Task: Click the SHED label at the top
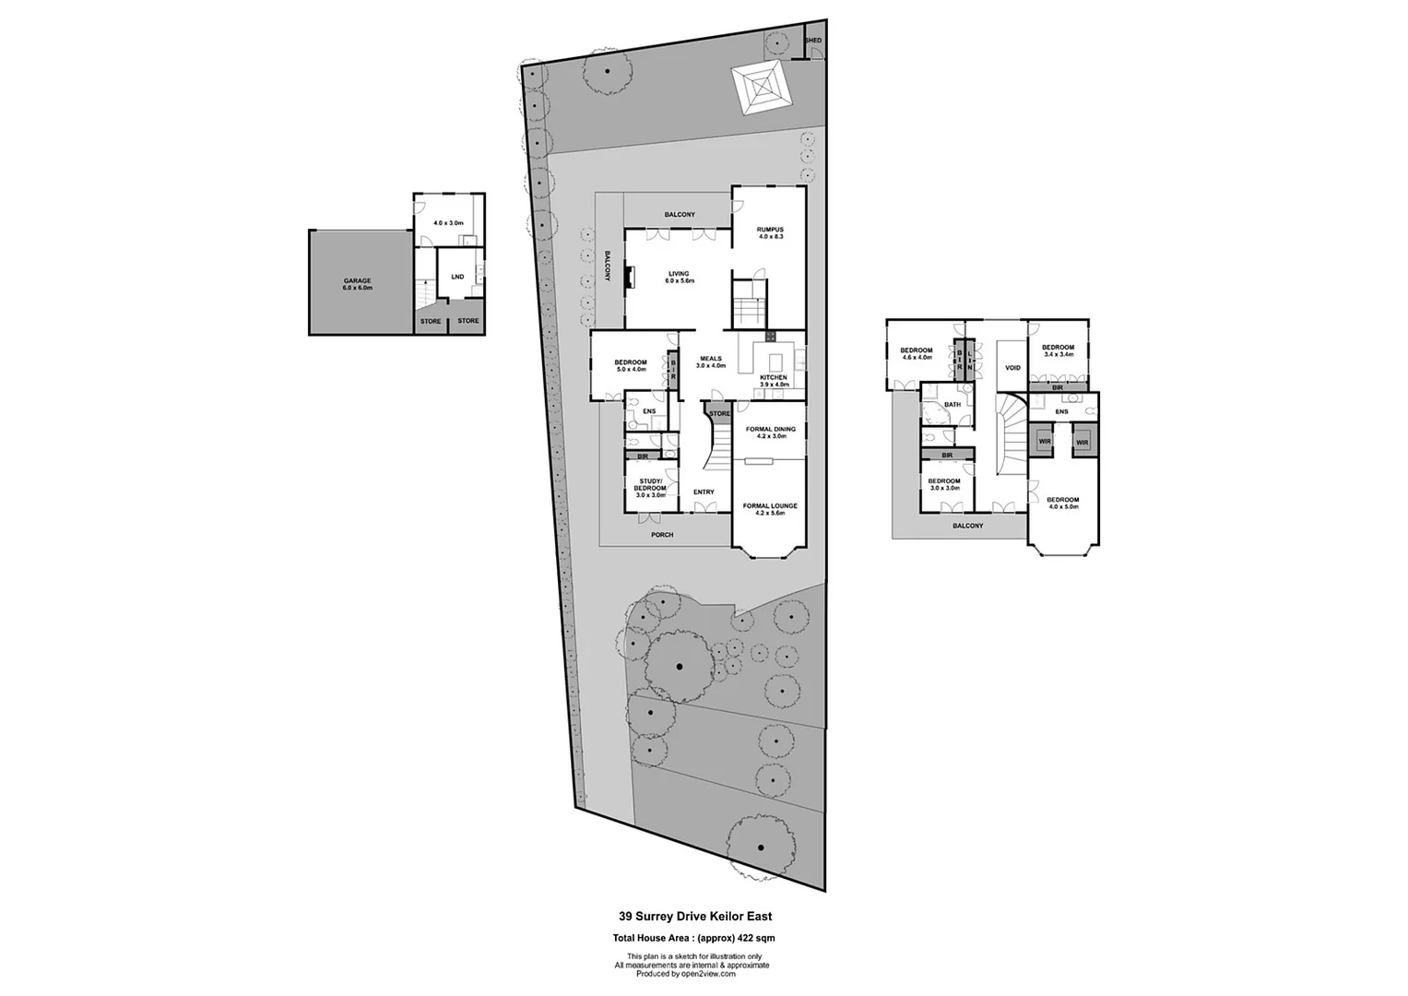pos(813,41)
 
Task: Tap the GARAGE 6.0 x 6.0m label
pos(357,285)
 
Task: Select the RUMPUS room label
pos(770,232)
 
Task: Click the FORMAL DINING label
pos(771,433)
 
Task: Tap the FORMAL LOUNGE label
pos(770,509)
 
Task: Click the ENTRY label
pos(704,492)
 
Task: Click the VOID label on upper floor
pos(1012,368)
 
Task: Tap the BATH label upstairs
pos(952,405)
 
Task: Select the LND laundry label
pos(457,277)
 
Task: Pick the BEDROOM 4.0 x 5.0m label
pos(1063,504)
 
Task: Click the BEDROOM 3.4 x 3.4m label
pos(1059,350)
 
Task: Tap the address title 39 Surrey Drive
pos(694,917)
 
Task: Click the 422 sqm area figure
pos(757,938)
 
